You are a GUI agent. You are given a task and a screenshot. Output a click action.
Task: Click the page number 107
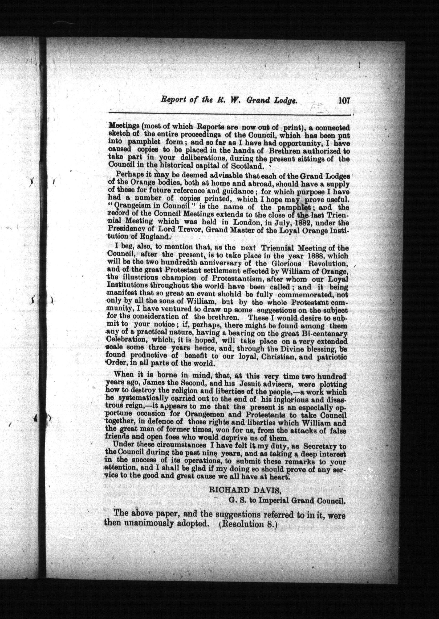[x=344, y=101]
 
